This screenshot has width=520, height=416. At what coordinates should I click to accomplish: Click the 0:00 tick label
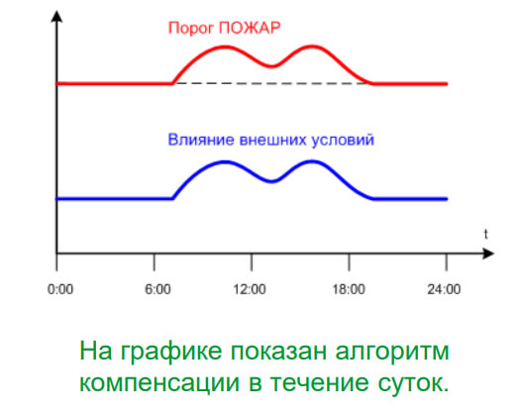60,289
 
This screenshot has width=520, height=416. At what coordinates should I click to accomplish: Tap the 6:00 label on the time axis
157,289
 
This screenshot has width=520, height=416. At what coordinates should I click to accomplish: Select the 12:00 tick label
250,289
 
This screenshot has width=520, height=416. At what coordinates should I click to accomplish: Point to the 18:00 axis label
349,289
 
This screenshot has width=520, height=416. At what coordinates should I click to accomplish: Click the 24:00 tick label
444,289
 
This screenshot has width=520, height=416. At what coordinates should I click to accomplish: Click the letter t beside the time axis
486,234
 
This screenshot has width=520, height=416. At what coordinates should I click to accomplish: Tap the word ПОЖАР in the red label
250,28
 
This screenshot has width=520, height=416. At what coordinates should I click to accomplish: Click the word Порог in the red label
191,29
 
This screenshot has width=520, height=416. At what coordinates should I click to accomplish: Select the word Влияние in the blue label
201,140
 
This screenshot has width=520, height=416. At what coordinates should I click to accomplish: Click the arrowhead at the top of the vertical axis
57,17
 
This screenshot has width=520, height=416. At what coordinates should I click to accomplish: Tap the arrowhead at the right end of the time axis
488,254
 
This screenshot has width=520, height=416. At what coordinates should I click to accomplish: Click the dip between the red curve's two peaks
272,66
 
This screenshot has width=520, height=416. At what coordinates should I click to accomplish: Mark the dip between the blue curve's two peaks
272,181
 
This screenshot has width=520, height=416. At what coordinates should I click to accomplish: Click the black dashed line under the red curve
272,83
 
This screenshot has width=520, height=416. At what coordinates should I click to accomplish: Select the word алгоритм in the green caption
392,353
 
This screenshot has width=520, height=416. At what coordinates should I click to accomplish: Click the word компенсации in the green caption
159,383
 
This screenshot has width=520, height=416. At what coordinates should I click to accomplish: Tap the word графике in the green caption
171,353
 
